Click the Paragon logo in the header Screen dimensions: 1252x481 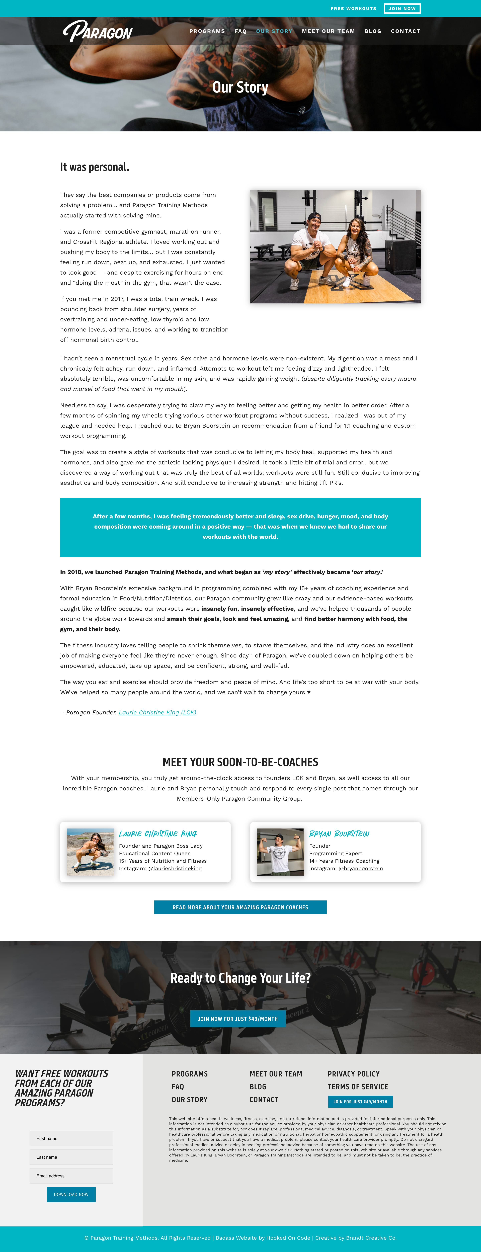tap(98, 31)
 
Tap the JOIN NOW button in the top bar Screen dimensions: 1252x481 tap(402, 8)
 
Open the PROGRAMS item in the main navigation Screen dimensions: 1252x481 tap(207, 31)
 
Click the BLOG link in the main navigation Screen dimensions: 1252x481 tap(373, 31)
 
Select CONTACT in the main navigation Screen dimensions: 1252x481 tap(405, 31)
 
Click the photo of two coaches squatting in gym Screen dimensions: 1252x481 tap(335, 246)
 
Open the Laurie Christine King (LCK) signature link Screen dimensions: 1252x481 tap(157, 713)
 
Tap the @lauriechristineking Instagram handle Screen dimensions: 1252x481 tap(175, 869)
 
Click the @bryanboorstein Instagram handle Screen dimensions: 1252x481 tap(361, 869)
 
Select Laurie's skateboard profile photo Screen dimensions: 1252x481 tap(90, 852)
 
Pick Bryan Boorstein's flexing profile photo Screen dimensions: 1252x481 tap(280, 852)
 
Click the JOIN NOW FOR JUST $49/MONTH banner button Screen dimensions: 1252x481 tap(238, 1019)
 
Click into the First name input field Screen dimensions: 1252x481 tap(71, 1138)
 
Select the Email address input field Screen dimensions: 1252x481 tap(71, 1176)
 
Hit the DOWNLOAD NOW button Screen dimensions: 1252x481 tap(71, 1194)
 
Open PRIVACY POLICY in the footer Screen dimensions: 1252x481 tap(353, 1074)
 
